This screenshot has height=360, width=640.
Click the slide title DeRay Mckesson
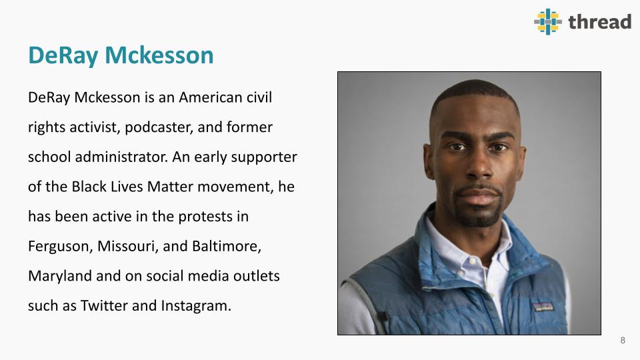pos(121,55)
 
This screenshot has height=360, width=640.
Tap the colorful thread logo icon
pos(548,21)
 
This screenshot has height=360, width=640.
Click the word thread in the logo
pos(599,21)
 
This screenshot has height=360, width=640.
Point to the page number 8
pos(623,341)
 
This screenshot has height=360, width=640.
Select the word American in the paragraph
pos(210,97)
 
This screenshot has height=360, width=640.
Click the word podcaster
pos(159,127)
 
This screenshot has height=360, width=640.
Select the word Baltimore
pos(227,247)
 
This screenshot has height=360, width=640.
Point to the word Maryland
pos(60,276)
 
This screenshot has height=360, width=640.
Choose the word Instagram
pos(196,306)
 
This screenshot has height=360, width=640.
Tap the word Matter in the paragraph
pos(170,187)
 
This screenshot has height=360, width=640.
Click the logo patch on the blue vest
pos(543,307)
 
